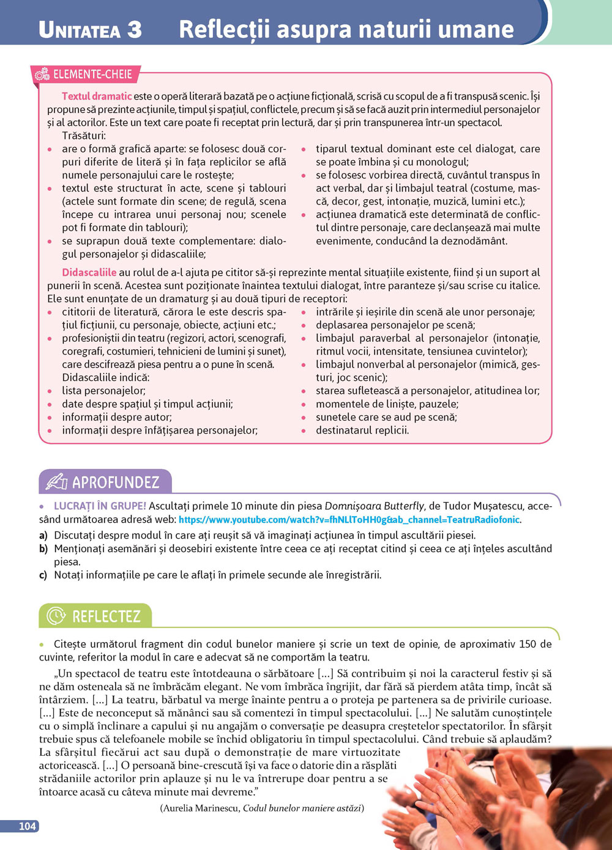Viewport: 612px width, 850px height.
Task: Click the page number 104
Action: click(27, 826)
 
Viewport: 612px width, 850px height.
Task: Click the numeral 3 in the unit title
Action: click(135, 30)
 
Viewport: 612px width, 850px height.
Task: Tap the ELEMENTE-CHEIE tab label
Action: click(92, 75)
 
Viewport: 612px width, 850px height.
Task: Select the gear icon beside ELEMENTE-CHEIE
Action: click(42, 75)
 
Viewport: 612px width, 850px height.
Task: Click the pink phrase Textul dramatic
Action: click(97, 96)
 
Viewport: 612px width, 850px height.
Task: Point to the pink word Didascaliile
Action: click(89, 272)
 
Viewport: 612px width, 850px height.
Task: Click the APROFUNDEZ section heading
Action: click(116, 482)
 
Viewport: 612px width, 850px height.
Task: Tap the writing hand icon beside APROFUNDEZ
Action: click(56, 482)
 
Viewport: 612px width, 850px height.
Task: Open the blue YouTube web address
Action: click(349, 520)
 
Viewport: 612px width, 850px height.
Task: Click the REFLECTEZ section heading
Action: click(106, 616)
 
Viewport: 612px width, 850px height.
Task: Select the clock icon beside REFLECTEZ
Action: click(56, 616)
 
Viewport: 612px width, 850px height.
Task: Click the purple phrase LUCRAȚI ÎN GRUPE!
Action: click(100, 506)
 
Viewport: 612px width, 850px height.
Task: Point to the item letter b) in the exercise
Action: click(43, 549)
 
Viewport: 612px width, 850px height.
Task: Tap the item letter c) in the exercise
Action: click(43, 575)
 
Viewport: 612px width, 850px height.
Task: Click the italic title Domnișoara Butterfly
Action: click(374, 506)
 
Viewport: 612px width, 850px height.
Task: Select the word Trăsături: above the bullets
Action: click(84, 135)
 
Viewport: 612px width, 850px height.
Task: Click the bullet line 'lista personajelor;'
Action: click(103, 390)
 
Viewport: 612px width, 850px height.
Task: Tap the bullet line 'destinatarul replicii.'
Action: click(362, 430)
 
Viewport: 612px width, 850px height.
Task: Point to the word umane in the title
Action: click(475, 29)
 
